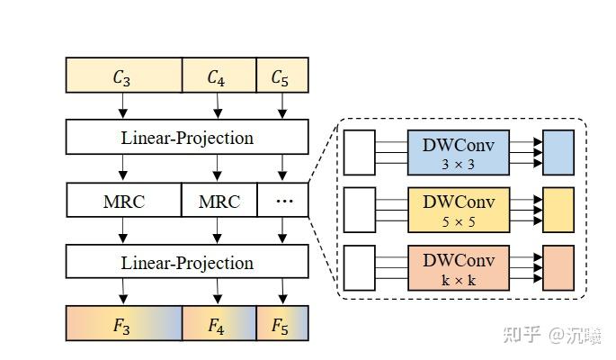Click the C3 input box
pyautogui.click(x=123, y=76)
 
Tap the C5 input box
pyautogui.click(x=282, y=76)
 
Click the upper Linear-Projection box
pyautogui.click(x=187, y=138)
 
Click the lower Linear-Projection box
pyautogui.click(x=187, y=262)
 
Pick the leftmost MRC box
pyautogui.click(x=123, y=200)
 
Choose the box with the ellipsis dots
pyautogui.click(x=282, y=200)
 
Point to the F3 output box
pyautogui.click(x=123, y=324)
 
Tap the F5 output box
pyautogui.click(x=282, y=324)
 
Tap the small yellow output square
pyautogui.click(x=558, y=211)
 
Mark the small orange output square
pyautogui.click(x=558, y=267)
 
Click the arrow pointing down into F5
pyautogui.click(x=282, y=292)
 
